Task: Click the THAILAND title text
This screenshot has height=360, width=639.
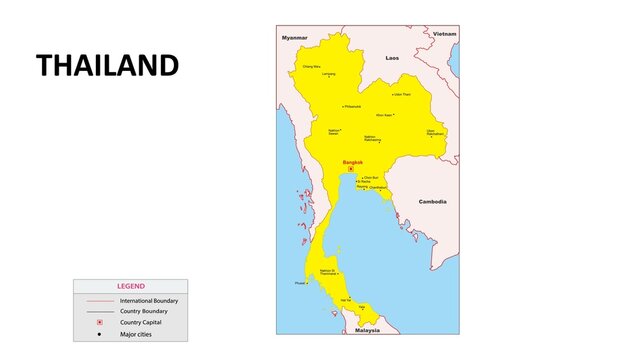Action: tap(107, 66)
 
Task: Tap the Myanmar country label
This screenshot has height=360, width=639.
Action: tap(294, 37)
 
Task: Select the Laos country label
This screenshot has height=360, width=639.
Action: tap(392, 58)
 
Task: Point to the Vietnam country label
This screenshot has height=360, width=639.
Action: tap(444, 33)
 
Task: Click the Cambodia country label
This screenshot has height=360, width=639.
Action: tap(432, 201)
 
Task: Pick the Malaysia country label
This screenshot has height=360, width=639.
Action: tap(367, 329)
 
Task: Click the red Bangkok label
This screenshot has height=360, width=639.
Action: tap(353, 161)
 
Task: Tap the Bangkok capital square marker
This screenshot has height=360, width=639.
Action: tap(351, 168)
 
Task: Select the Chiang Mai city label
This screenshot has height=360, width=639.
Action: tap(312, 67)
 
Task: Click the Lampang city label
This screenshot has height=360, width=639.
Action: tap(328, 74)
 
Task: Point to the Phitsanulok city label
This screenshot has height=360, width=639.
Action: tap(352, 106)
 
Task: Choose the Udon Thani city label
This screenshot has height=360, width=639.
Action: tap(401, 94)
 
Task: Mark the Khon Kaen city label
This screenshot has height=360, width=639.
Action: tap(384, 114)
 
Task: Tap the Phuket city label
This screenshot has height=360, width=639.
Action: tap(301, 282)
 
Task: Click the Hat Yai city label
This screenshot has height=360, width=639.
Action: tap(346, 299)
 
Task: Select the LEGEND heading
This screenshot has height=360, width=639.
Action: tap(130, 286)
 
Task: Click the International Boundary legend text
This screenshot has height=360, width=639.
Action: tap(148, 300)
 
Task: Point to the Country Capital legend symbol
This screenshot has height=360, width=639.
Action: tap(99, 322)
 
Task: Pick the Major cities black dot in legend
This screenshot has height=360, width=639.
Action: tap(99, 333)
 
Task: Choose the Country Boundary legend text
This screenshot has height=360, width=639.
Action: tap(143, 311)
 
